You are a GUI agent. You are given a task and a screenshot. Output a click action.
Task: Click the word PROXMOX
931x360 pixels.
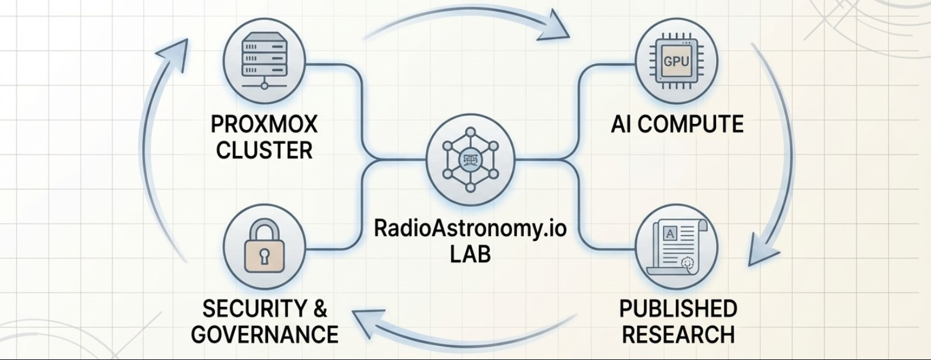click(x=264, y=125)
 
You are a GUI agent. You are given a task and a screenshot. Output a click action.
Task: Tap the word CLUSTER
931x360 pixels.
click(x=264, y=150)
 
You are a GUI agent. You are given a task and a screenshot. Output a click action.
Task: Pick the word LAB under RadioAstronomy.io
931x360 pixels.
click(x=470, y=254)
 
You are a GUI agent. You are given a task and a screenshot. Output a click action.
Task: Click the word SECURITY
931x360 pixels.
click(x=247, y=308)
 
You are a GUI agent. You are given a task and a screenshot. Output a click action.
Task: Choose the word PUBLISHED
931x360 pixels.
click(x=678, y=308)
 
